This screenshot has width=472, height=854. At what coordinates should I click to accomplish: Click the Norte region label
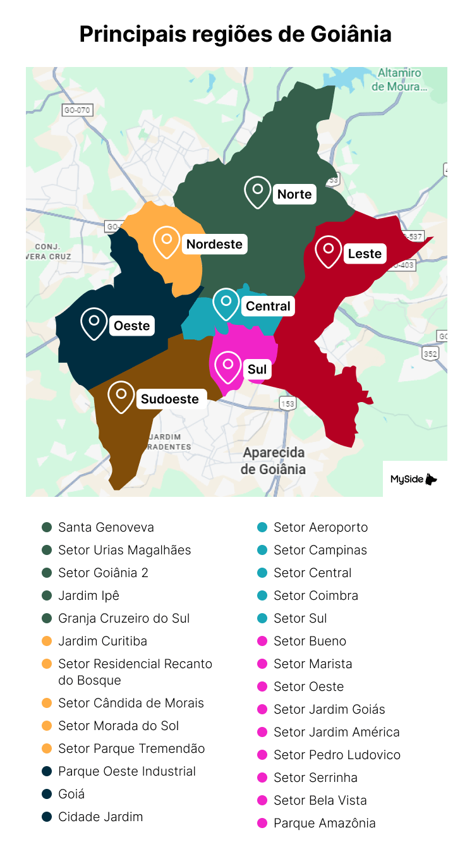(294, 194)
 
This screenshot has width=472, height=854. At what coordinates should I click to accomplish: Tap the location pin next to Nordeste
(167, 241)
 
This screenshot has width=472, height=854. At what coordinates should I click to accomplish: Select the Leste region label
(365, 253)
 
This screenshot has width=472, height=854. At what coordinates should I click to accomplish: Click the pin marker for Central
(226, 303)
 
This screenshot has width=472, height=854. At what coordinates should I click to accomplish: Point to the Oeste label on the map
(131, 326)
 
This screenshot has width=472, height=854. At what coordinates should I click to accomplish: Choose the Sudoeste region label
(169, 399)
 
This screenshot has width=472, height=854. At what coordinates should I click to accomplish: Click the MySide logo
(415, 479)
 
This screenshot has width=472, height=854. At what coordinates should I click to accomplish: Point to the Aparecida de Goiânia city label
(273, 461)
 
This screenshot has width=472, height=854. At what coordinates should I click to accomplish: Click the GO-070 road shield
(77, 110)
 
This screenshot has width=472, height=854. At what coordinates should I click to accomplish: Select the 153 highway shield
(287, 403)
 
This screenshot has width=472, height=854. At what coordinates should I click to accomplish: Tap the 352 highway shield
(430, 353)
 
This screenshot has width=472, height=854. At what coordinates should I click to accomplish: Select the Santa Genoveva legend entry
(106, 527)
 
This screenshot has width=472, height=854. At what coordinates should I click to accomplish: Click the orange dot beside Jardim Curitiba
(47, 641)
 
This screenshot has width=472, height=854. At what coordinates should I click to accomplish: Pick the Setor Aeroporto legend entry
(320, 527)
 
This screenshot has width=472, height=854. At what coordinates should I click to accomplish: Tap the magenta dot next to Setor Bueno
(262, 641)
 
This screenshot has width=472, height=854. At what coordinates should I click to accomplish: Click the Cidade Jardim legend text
(100, 817)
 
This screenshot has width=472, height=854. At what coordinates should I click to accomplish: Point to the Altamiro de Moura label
(399, 80)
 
